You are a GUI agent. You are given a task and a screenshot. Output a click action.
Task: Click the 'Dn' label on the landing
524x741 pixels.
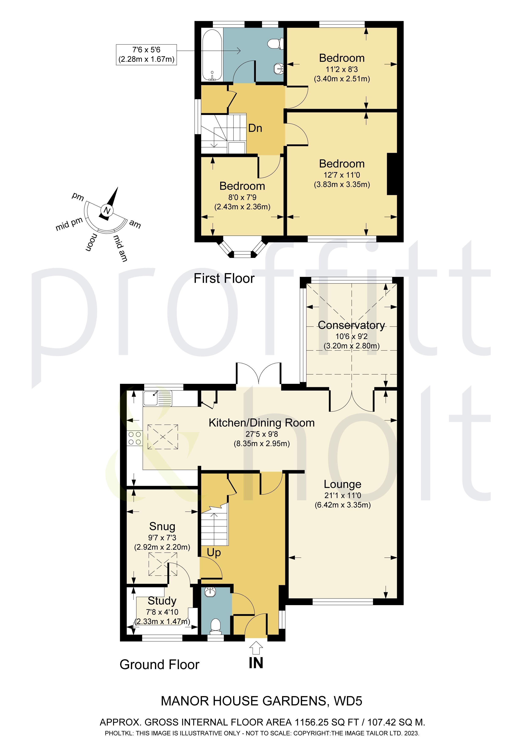pos(255,128)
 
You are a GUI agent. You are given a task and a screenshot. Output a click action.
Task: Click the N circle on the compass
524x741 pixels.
pos(107,211)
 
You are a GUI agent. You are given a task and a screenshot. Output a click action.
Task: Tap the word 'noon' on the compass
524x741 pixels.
pos(91,242)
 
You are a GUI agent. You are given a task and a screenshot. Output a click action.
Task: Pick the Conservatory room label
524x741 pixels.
pos(351,325)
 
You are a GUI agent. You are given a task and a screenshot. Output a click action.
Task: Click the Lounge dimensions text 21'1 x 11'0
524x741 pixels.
pos(343,495)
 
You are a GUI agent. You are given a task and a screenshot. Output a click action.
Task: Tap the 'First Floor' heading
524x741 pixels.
pos(224,278)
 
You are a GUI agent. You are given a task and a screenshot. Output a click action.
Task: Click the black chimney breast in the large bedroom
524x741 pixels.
pos(392,174)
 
